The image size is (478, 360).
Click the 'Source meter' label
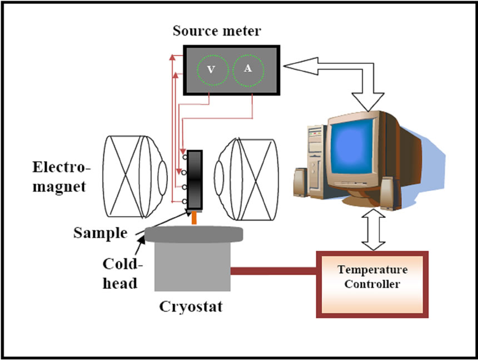click(217, 31)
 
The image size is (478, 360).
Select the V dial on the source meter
click(212, 70)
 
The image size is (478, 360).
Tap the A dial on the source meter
click(248, 70)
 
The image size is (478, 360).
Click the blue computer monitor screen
click(352, 146)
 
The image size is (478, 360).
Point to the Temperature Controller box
click(372, 284)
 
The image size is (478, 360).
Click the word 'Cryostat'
click(191, 307)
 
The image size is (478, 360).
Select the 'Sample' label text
click(100, 233)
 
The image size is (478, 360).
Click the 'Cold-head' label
click(122, 273)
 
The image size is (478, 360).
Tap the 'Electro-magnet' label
click(62, 177)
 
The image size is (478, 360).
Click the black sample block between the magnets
click(195, 180)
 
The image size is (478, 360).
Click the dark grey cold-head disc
click(193, 234)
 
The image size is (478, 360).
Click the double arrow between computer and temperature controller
click(373, 229)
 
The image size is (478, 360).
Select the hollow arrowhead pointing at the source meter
click(301, 66)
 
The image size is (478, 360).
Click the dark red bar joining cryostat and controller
click(273, 271)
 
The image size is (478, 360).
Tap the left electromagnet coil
click(135, 177)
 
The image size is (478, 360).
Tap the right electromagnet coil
click(246, 179)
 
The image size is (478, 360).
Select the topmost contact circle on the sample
click(185, 157)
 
